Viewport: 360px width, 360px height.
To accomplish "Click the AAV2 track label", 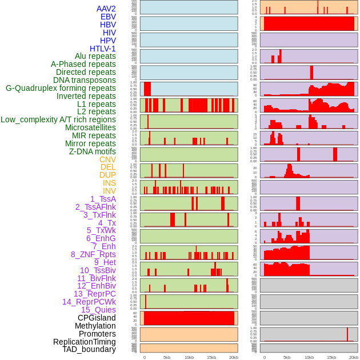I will click(106, 9).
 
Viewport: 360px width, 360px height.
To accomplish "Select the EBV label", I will click(108, 17).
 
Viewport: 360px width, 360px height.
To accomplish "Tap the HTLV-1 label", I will click(102, 49).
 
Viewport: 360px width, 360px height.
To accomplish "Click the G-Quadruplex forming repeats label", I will click(61, 88).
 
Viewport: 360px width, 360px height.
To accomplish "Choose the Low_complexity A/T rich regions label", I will click(58, 119).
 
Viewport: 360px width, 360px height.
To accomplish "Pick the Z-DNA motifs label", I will click(93, 151).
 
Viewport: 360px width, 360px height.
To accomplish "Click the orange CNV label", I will click(107, 159).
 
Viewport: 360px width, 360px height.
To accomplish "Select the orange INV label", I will click(109, 191).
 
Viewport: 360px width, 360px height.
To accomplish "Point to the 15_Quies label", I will click(98, 310).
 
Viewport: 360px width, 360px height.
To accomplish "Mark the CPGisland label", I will click(97, 318).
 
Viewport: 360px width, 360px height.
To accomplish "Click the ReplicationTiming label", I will click(84, 342).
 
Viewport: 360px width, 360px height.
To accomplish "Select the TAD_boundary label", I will click(89, 349).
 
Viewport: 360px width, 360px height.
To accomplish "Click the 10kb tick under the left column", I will click(189, 357).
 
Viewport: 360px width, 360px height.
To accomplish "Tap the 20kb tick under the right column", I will click(354, 357).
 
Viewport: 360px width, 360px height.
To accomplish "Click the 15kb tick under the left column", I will click(211, 357).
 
